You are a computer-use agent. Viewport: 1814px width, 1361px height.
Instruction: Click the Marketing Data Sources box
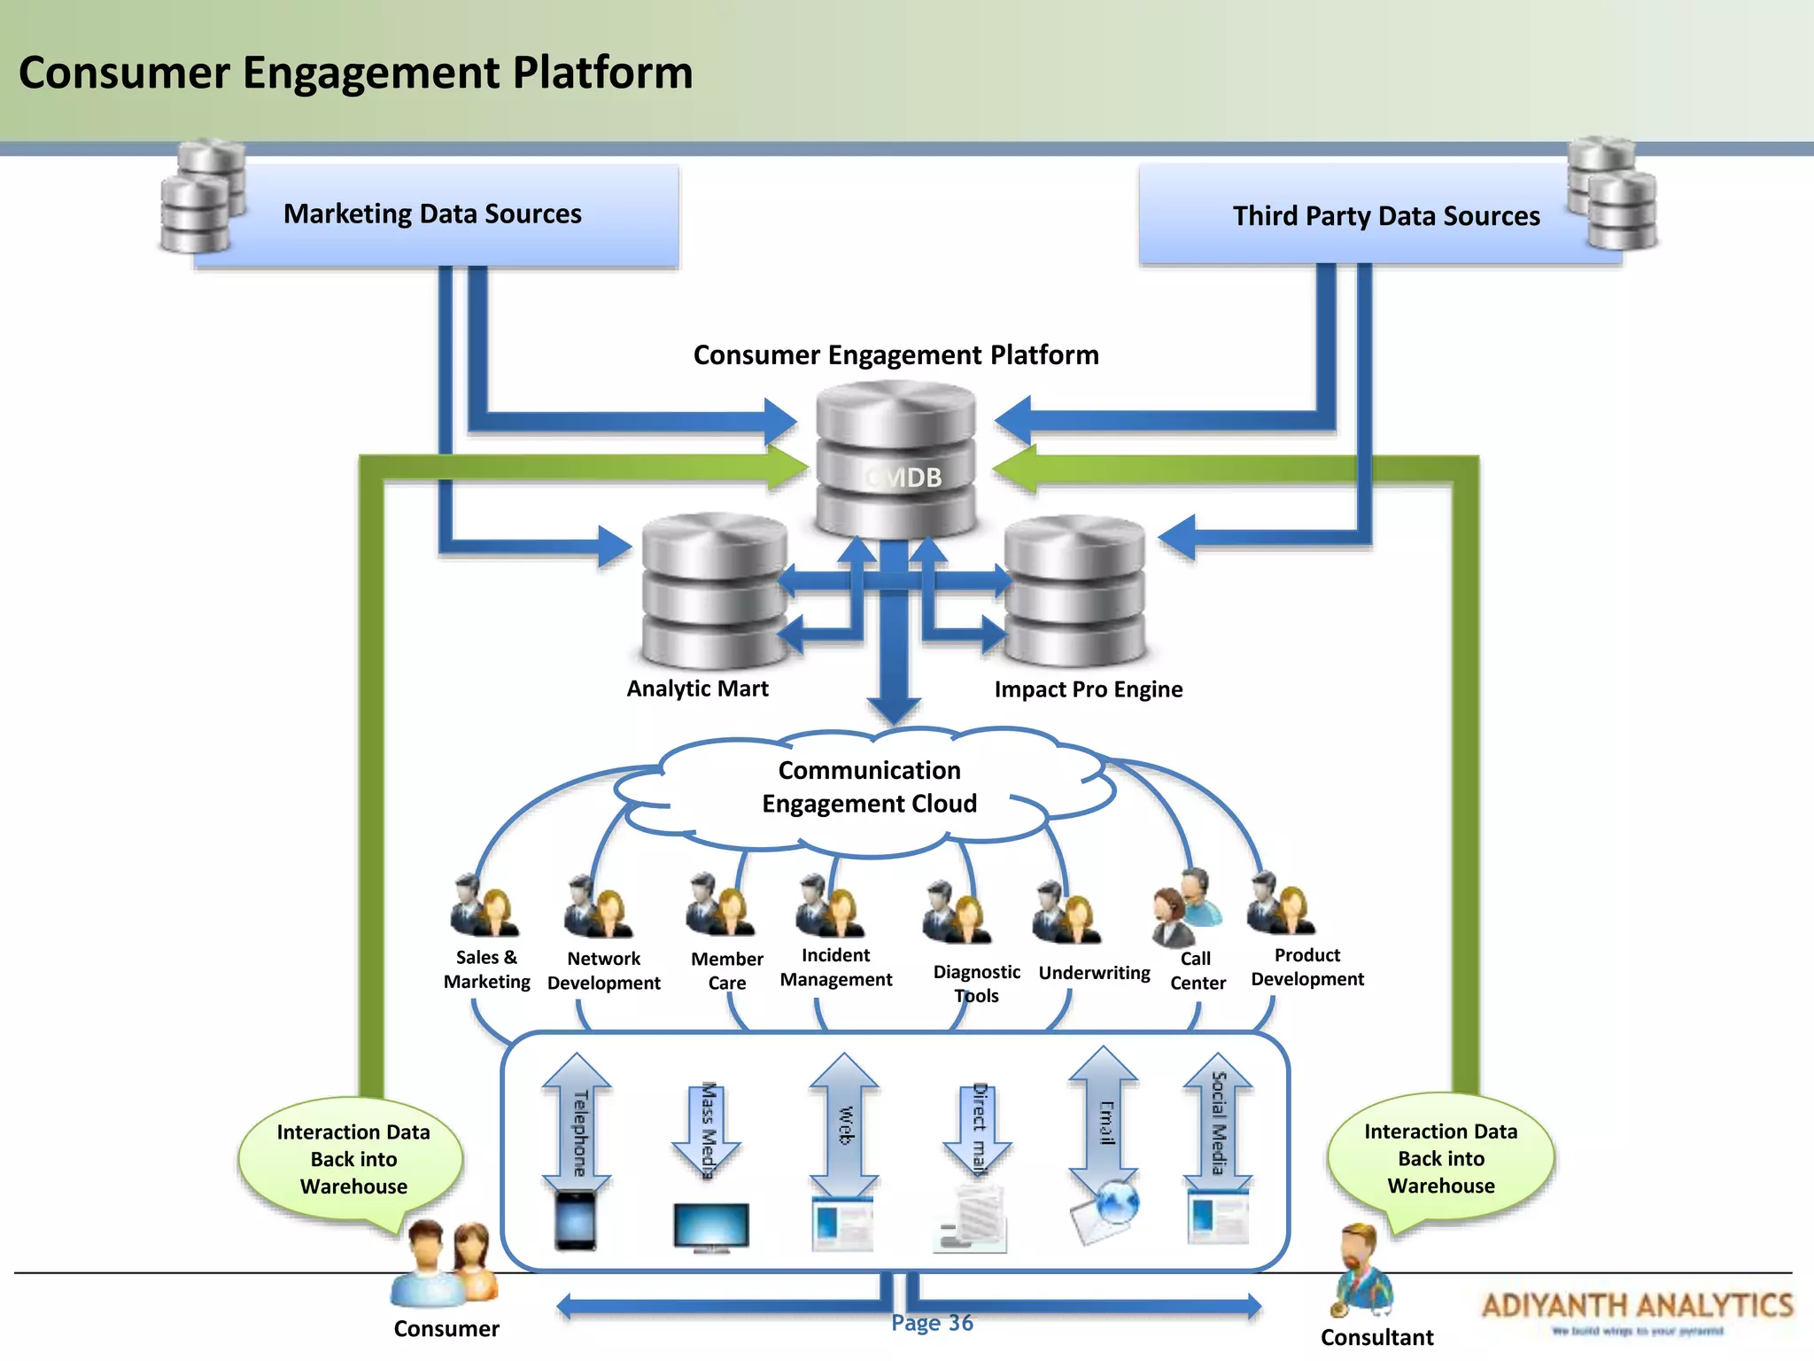[x=434, y=214]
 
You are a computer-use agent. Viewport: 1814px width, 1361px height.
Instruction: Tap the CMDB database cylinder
[x=895, y=461]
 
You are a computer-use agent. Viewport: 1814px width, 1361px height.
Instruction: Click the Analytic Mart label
[x=697, y=688]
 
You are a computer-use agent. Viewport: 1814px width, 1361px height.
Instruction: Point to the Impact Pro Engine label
[x=1088, y=689]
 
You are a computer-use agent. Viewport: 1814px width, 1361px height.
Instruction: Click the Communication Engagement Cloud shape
[x=868, y=788]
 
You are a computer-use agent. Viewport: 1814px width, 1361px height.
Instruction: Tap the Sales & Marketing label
[x=486, y=969]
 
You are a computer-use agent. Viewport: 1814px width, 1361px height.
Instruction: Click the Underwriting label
[x=1094, y=973]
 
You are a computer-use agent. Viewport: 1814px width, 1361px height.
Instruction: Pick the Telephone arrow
[x=577, y=1124]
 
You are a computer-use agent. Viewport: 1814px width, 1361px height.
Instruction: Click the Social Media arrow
[x=1218, y=1124]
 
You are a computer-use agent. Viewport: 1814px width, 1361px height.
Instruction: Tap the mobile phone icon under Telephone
[x=576, y=1221]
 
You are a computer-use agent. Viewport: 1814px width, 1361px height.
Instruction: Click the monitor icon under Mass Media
[x=710, y=1227]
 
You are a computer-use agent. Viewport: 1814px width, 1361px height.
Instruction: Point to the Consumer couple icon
[x=445, y=1264]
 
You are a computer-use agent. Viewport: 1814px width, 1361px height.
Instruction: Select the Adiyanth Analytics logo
[x=1637, y=1310]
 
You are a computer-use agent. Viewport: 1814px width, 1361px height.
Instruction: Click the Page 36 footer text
[x=932, y=1323]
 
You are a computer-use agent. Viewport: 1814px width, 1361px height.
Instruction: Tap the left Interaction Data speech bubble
[x=353, y=1159]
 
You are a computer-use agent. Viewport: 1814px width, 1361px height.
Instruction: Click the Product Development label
[x=1306, y=967]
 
